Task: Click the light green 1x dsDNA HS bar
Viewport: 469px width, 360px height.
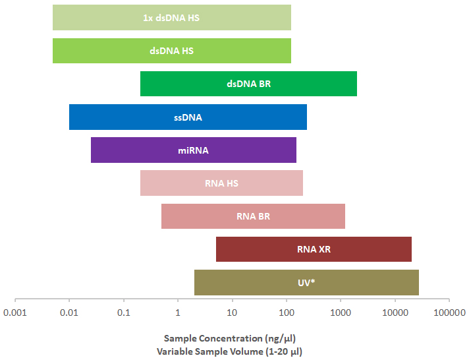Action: [171, 18]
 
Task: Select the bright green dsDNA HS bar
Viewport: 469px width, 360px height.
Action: [171, 51]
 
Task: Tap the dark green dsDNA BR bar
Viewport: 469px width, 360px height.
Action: [248, 84]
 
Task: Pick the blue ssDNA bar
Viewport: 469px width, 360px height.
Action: [188, 117]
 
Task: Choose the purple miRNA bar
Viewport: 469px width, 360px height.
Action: [193, 150]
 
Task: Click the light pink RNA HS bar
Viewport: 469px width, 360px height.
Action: [221, 183]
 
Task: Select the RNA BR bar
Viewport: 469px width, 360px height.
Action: [253, 216]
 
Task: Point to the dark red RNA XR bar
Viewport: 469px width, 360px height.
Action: [314, 249]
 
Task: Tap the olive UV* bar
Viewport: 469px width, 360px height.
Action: [306, 282]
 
